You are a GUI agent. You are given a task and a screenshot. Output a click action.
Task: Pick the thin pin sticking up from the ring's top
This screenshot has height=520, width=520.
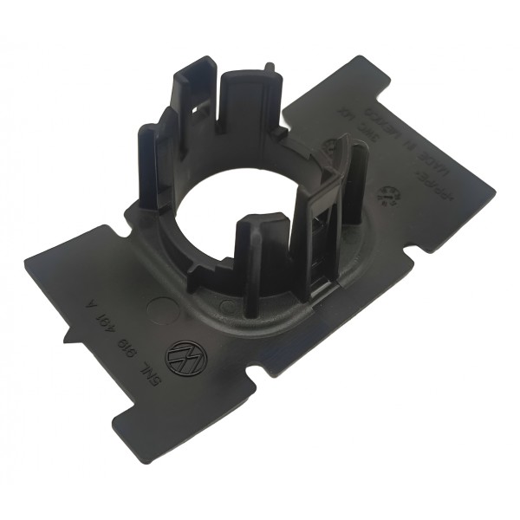[x=270, y=67]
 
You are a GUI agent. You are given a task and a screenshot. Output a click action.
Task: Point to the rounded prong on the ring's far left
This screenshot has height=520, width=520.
[x=149, y=165]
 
